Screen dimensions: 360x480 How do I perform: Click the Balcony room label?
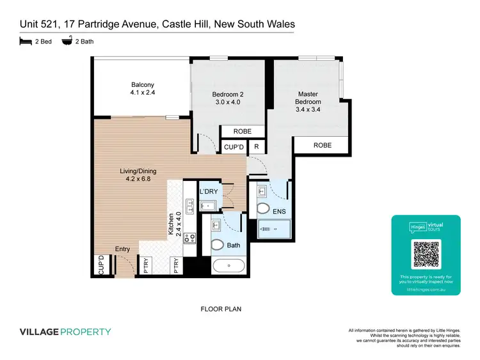click(143, 89)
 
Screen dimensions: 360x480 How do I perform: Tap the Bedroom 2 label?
click(227, 98)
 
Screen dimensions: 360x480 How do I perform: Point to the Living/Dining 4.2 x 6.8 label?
click(138, 175)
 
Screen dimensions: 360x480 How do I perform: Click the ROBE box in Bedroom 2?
click(242, 132)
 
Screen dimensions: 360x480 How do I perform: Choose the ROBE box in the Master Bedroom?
click(322, 146)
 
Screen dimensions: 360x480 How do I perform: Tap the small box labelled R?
click(256, 147)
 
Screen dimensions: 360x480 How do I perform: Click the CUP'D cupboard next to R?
click(234, 147)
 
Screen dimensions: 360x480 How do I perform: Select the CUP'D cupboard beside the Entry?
click(101, 266)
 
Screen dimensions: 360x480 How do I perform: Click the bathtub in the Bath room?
click(228, 267)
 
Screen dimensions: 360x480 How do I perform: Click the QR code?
click(426, 254)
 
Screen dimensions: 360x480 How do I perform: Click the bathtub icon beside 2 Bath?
click(67, 42)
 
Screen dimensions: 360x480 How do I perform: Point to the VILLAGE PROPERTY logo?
click(65, 332)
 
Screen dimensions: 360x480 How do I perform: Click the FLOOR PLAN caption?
click(221, 308)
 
